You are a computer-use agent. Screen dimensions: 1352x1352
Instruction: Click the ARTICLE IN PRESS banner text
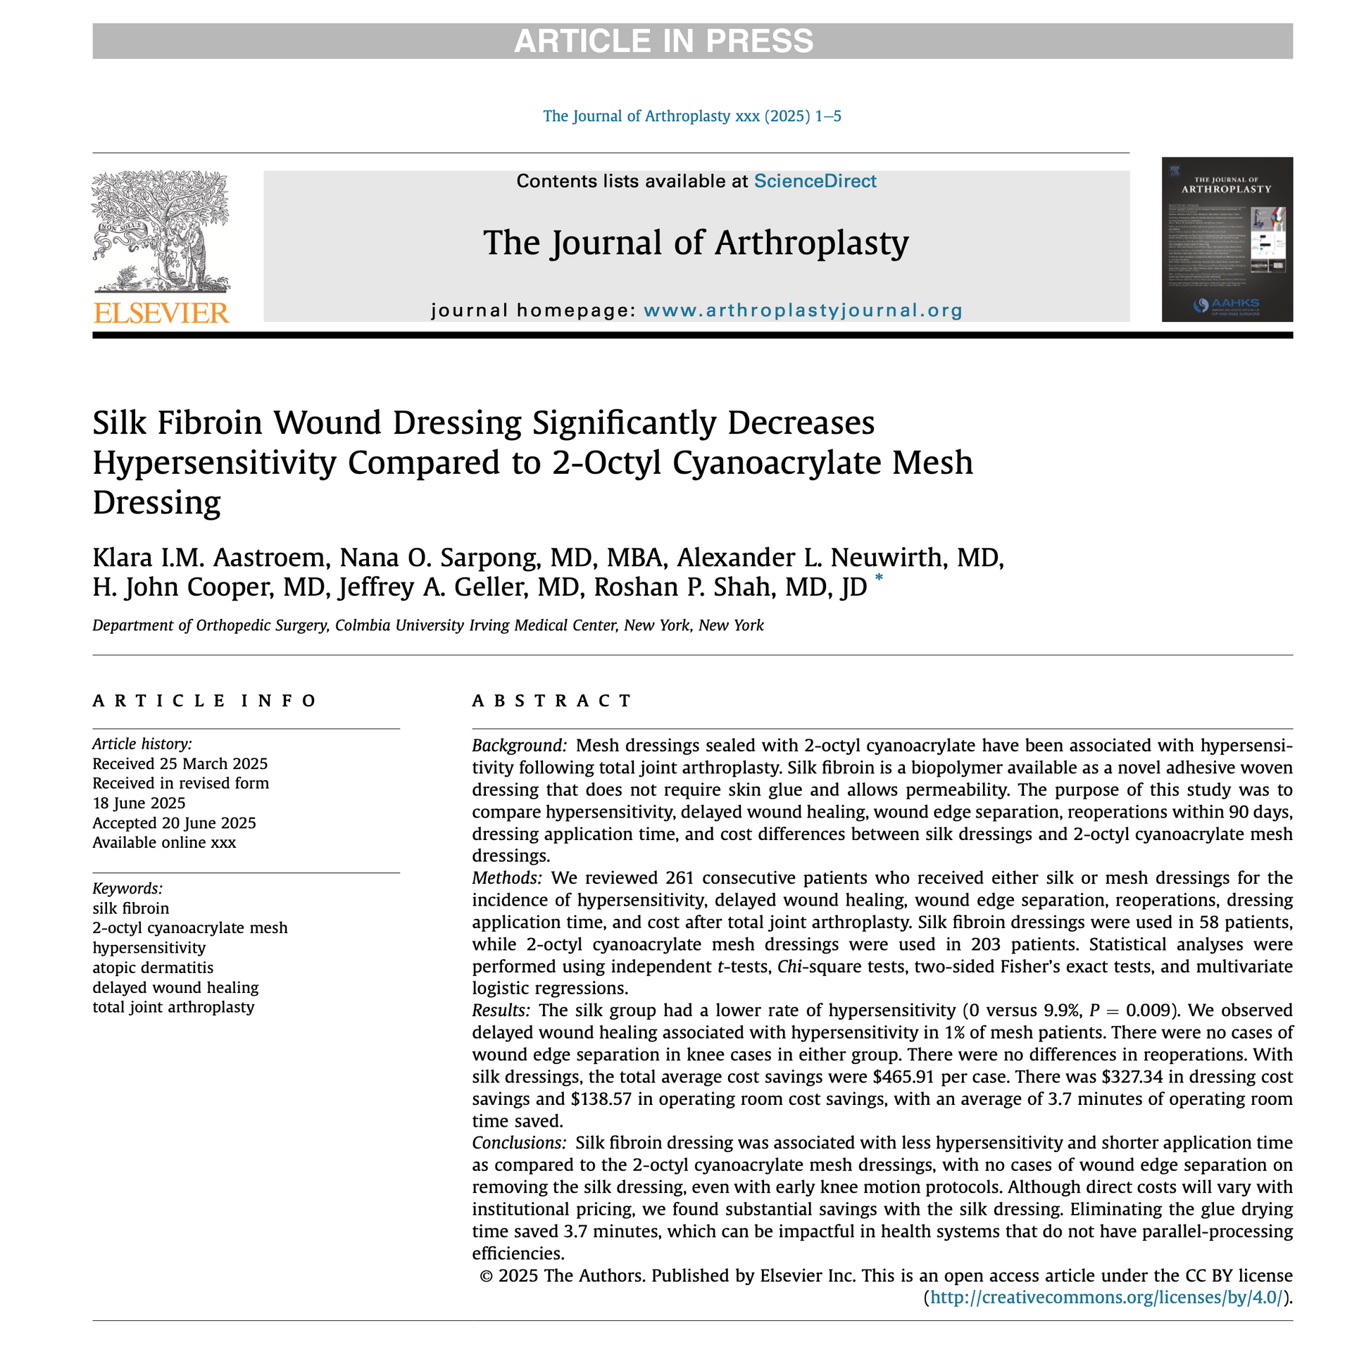click(663, 41)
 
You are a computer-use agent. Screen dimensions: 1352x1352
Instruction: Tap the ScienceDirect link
click(815, 181)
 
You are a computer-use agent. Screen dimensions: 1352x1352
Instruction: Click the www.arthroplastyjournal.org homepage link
click(803, 311)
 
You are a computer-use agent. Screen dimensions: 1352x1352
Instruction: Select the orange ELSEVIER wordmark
click(161, 313)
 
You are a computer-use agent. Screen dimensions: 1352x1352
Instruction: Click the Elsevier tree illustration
click(161, 232)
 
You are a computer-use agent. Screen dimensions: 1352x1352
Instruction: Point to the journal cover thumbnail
click(1227, 239)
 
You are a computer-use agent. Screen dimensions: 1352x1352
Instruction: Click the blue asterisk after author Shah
click(878, 579)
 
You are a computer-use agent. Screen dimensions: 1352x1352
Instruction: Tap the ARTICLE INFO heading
click(204, 701)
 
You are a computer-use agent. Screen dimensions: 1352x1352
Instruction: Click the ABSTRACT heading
click(552, 701)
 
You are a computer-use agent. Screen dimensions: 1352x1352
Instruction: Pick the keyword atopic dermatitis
click(153, 968)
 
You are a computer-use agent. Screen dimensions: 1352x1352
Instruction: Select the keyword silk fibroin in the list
click(131, 908)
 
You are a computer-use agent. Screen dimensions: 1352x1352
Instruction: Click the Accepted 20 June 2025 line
click(174, 823)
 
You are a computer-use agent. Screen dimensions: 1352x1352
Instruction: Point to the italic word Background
click(518, 745)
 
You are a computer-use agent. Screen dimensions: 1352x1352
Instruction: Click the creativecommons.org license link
click(1106, 1298)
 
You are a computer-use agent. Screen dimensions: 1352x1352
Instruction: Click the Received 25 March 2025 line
click(180, 764)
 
